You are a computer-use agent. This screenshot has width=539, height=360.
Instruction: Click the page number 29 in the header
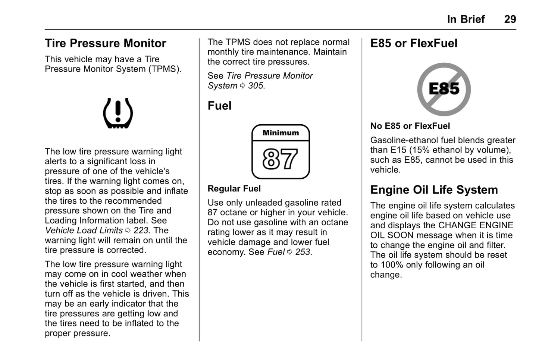[510, 19]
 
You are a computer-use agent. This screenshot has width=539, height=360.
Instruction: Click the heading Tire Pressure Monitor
[106, 43]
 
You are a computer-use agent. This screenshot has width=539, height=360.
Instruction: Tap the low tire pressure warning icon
[118, 113]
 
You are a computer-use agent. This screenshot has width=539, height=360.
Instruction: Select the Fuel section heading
[219, 106]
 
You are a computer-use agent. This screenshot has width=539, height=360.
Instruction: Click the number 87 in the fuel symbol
[280, 159]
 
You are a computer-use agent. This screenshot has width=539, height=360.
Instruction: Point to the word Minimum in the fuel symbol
[281, 132]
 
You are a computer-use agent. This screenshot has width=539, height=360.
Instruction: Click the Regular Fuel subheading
[234, 188]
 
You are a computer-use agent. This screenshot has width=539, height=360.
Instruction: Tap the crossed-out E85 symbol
[444, 89]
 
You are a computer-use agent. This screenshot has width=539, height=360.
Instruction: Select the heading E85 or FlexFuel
[414, 43]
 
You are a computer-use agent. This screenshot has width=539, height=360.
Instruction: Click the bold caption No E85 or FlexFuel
[410, 126]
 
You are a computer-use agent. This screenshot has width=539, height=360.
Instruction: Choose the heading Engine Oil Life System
[434, 190]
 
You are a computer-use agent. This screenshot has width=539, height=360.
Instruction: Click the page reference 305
[256, 86]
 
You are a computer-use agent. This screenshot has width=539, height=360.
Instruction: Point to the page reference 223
[141, 230]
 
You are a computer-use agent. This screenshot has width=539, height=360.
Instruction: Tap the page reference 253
[303, 252]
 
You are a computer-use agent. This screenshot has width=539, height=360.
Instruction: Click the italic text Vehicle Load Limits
[84, 230]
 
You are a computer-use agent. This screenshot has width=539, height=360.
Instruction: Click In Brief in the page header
[466, 19]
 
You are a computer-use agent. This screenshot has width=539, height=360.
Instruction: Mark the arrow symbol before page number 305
[242, 86]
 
